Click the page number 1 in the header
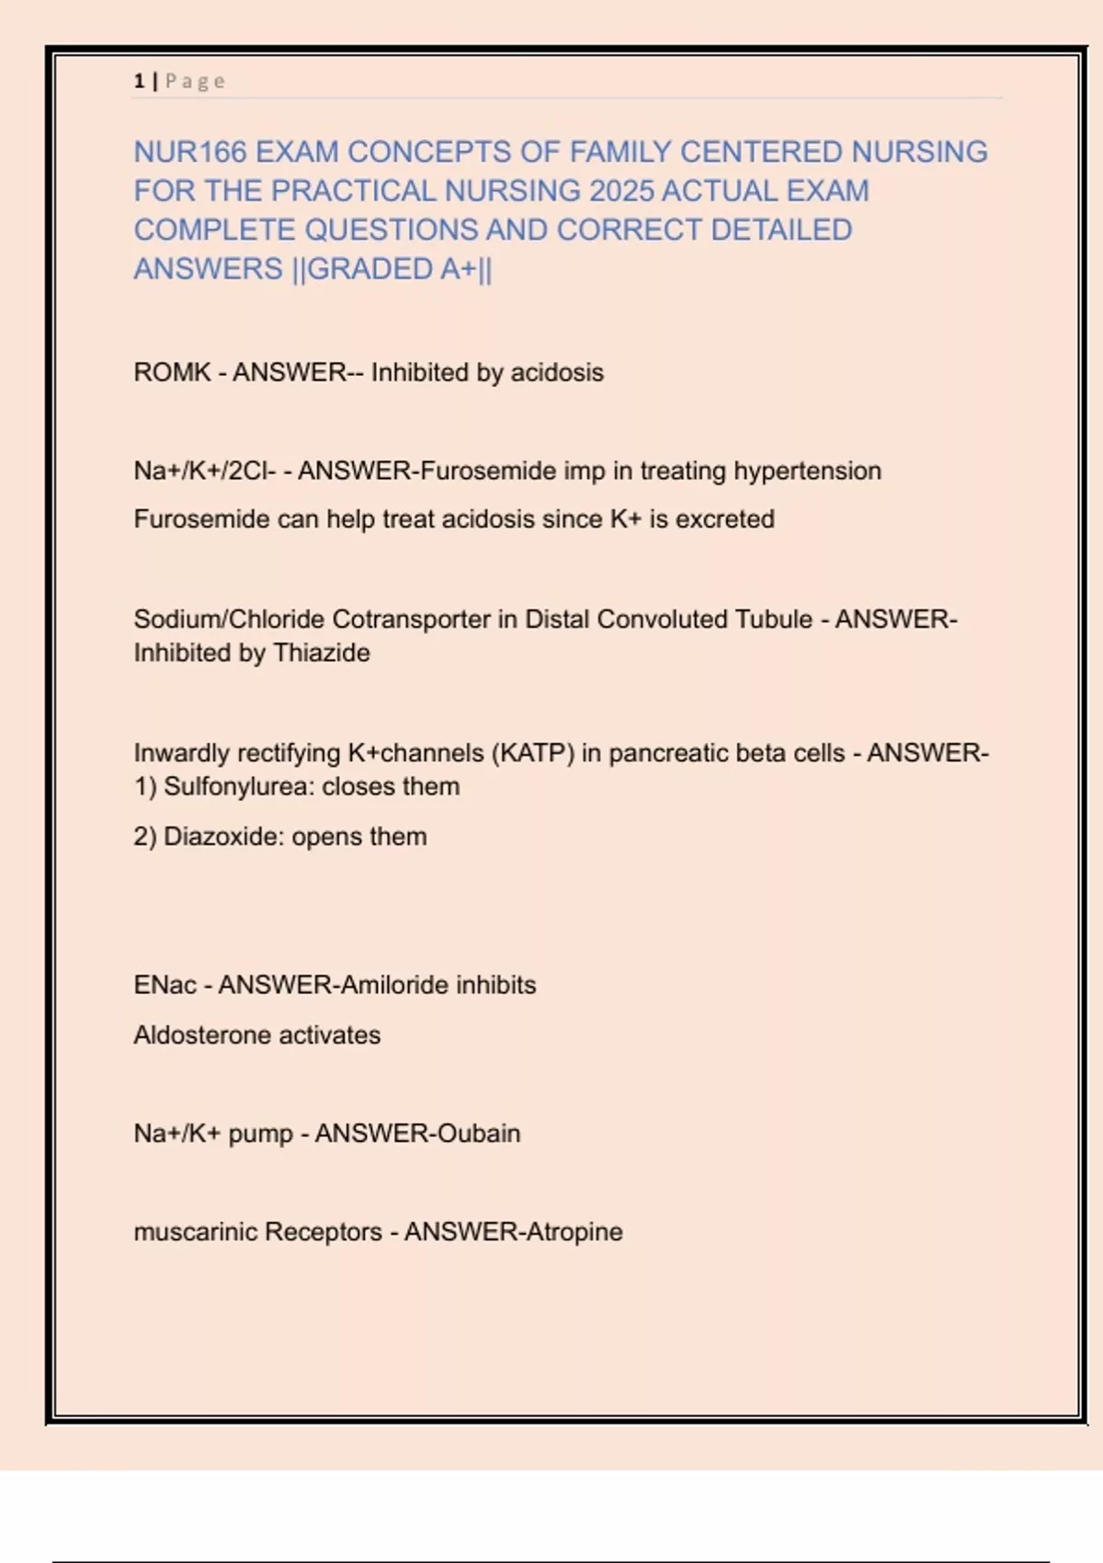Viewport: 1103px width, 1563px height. click(139, 81)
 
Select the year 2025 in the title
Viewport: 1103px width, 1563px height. click(621, 191)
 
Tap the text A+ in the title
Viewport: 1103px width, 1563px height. click(458, 269)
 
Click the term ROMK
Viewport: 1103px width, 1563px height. click(172, 372)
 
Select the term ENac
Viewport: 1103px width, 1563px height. click(165, 985)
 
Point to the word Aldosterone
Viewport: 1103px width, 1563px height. click(202, 1035)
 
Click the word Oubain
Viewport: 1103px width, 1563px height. click(478, 1134)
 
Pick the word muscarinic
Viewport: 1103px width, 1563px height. click(195, 1232)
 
